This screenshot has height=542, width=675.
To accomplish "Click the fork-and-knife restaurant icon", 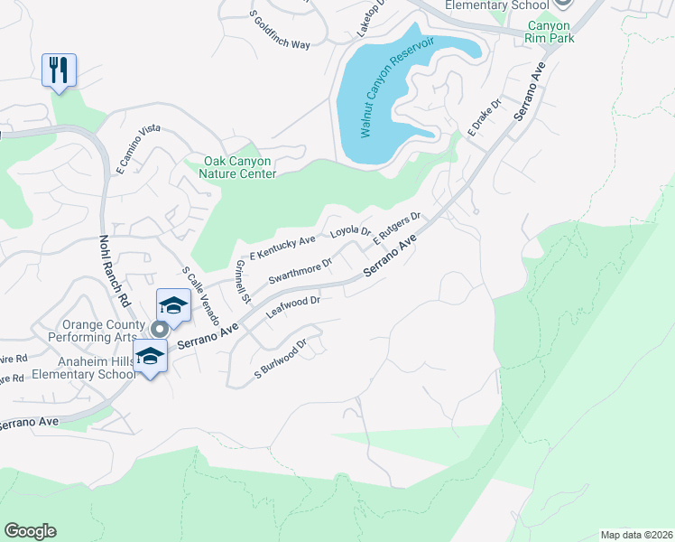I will click(59, 70).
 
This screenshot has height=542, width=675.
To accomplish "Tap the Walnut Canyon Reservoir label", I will click(397, 88).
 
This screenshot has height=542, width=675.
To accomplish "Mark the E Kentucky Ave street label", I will click(282, 245).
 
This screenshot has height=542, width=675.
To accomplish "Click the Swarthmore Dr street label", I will click(300, 269).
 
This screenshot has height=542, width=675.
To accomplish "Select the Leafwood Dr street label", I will click(293, 305).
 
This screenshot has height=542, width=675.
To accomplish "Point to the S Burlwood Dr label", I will click(282, 359).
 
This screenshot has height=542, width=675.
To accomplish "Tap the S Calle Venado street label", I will click(200, 295).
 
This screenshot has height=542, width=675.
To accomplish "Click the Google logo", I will click(30, 531).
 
